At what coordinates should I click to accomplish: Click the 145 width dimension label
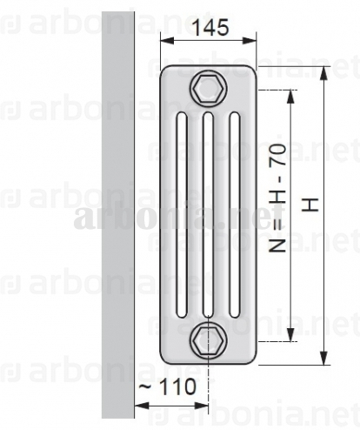tap(210, 28)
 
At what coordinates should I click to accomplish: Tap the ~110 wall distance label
tap(168, 386)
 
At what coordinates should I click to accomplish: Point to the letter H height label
tap(310, 205)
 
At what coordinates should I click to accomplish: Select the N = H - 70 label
tap(277, 198)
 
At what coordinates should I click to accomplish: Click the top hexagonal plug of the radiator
tap(209, 89)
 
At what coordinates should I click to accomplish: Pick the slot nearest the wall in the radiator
tap(182, 215)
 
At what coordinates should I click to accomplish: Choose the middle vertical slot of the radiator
tap(208, 215)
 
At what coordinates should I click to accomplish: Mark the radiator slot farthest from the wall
tap(235, 215)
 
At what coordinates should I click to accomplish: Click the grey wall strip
tap(118, 215)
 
